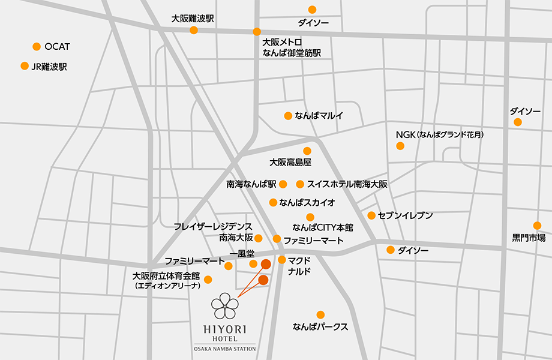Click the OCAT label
58,47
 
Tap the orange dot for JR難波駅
25,66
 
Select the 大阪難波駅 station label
193,19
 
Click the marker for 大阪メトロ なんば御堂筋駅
257,32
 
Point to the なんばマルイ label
319,116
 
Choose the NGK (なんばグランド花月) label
439,134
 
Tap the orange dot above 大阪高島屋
307,151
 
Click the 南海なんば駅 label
251,184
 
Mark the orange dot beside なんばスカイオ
273,202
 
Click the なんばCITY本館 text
323,227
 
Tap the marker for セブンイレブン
371,215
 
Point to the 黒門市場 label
529,238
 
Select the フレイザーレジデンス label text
212,226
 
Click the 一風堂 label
242,254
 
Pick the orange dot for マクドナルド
281,260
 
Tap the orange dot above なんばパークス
320,315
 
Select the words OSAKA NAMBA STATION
225,349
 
